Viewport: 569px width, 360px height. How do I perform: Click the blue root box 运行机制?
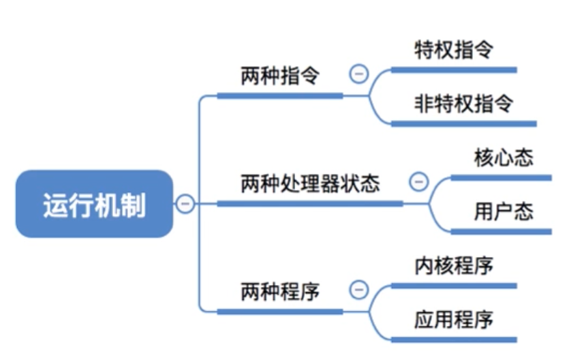[94, 204]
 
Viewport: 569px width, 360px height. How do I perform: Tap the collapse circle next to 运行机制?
[185, 203]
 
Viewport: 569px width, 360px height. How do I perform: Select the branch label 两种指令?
[279, 76]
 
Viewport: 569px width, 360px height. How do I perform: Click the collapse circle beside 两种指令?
[358, 74]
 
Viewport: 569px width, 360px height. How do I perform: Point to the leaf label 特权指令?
[453, 49]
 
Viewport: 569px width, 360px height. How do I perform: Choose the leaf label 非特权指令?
[463, 104]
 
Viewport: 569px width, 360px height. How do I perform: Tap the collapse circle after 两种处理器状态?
[418, 181]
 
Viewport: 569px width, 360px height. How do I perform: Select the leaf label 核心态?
[504, 157]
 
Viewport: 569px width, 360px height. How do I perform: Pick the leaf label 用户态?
[504, 211]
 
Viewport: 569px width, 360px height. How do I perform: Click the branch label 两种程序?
[279, 292]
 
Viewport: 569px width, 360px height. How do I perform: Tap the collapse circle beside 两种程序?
[358, 290]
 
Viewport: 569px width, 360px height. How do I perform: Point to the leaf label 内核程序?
[453, 265]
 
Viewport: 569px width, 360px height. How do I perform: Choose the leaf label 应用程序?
[453, 319]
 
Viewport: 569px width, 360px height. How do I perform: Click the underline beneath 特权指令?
[454, 70]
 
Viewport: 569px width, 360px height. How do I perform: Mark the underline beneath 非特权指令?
[463, 124]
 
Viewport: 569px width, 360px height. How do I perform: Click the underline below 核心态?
[502, 178]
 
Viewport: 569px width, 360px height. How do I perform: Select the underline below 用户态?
[502, 232]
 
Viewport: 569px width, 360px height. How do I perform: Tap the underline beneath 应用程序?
[454, 339]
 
